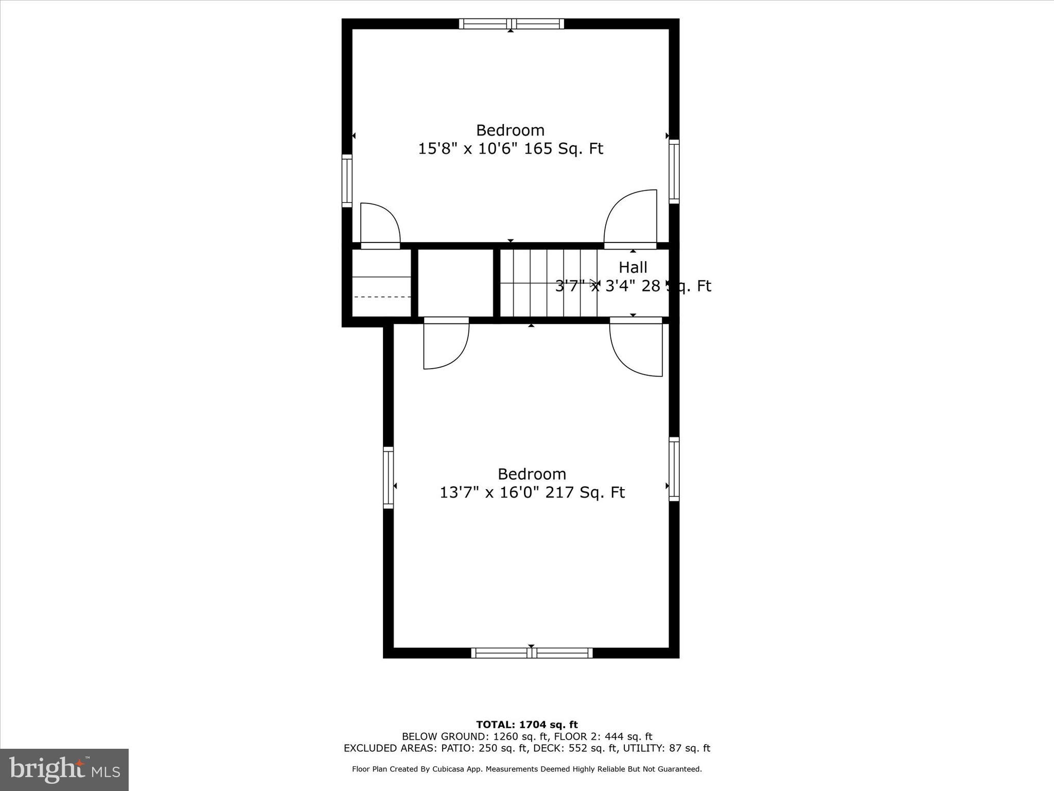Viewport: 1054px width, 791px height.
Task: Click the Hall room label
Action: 633,267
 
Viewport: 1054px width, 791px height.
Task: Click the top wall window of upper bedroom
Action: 511,24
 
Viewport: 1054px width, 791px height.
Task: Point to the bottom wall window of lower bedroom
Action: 532,653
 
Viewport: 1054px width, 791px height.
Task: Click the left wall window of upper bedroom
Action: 347,181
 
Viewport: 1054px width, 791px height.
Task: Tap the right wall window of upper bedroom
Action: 674,171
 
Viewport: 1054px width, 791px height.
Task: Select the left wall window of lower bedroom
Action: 389,477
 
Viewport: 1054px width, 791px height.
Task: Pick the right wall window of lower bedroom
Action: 674,469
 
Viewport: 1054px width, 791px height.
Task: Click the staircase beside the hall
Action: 548,283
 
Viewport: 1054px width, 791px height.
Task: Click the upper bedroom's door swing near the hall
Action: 631,219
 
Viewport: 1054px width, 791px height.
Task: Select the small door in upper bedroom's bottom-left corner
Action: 380,226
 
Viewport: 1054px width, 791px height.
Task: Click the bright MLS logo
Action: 64,769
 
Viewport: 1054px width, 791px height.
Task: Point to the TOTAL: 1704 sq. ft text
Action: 526,725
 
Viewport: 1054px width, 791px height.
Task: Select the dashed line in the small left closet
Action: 382,297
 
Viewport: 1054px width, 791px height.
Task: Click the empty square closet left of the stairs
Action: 455,283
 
